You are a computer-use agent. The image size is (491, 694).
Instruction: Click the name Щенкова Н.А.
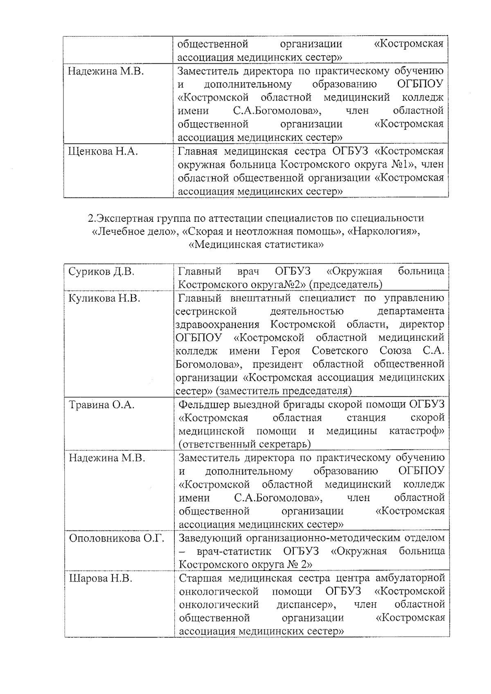pyautogui.click(x=103, y=152)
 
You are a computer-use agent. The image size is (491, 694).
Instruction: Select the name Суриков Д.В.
pyautogui.click(x=101, y=272)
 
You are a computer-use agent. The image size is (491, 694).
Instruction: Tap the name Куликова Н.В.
pyautogui.click(x=104, y=298)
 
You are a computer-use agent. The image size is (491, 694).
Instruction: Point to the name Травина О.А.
pyautogui.click(x=101, y=405)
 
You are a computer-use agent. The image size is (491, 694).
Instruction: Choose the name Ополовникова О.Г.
pyautogui.click(x=116, y=538)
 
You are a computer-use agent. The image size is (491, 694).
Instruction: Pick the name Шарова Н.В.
pyautogui.click(x=101, y=578)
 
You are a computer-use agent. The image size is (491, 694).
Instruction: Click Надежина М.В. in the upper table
pyautogui.click(x=106, y=72)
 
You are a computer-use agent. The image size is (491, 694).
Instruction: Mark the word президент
pyautogui.click(x=278, y=364)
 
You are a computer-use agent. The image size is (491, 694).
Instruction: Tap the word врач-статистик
pyautogui.click(x=234, y=551)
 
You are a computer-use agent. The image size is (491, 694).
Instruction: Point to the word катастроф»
pyautogui.click(x=417, y=431)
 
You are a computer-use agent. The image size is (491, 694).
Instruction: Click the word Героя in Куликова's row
pyautogui.click(x=286, y=351)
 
